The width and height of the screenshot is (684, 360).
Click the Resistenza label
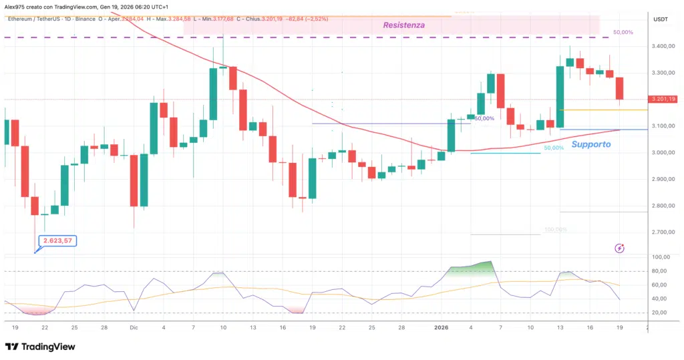pyautogui.click(x=403, y=25)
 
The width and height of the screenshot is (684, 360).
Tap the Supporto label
pyautogui.click(x=590, y=144)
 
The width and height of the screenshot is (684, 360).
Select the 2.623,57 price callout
pyautogui.click(x=58, y=240)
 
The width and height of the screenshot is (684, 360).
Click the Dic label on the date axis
pyautogui.click(x=134, y=327)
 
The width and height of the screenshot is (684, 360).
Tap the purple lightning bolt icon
pyautogui.click(x=619, y=248)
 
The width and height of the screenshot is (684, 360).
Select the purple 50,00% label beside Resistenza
pyautogui.click(x=623, y=32)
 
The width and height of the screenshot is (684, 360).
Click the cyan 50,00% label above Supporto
pyautogui.click(x=554, y=148)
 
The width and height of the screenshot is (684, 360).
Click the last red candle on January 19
pyautogui.click(x=619, y=88)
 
